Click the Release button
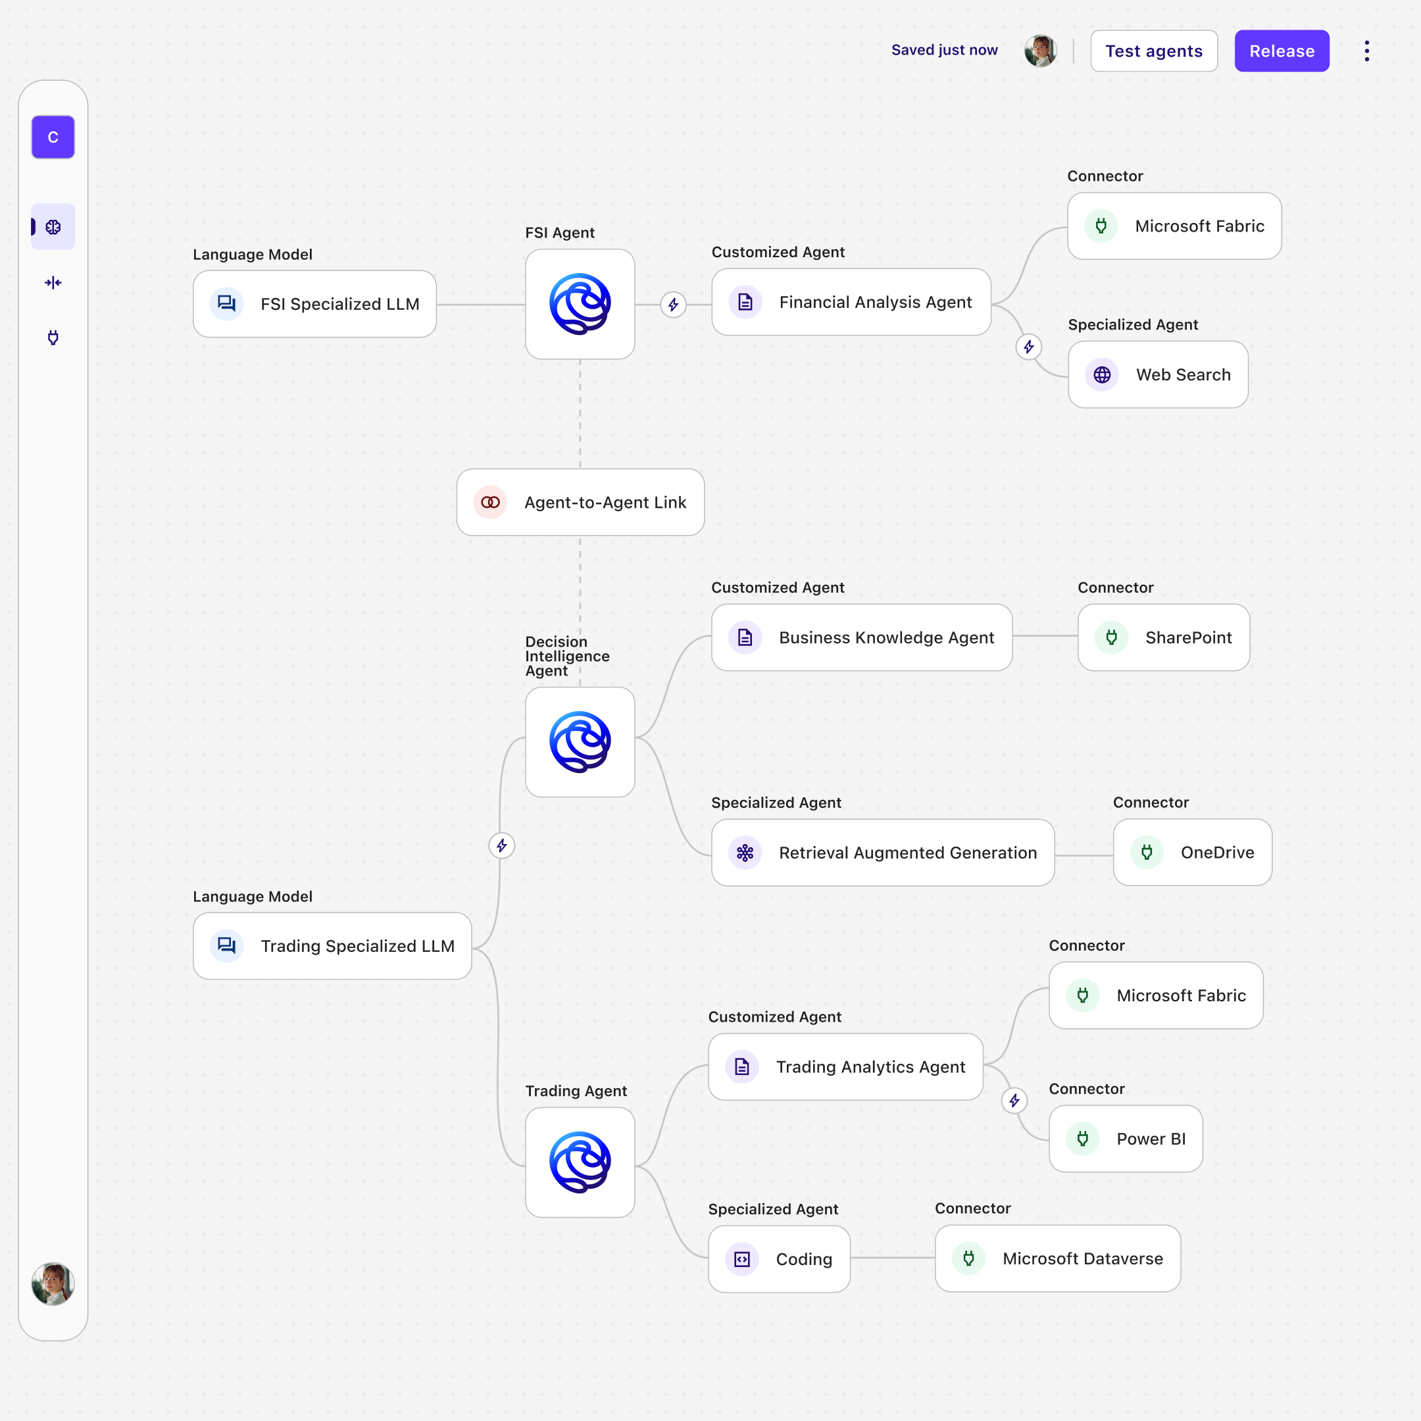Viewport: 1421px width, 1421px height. tap(1282, 51)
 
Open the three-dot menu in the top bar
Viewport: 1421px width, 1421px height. tap(1366, 51)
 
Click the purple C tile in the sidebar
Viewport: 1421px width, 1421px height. tap(53, 137)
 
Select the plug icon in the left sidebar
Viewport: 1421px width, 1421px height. tap(53, 337)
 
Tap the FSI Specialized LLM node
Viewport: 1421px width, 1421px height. tap(315, 304)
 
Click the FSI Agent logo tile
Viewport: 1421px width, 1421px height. tap(580, 304)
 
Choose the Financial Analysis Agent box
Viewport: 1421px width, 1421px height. tap(851, 303)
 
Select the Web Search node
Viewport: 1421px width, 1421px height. tap(1158, 374)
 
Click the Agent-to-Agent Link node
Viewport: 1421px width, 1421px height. tap(580, 503)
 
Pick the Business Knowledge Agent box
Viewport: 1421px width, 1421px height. tap(861, 637)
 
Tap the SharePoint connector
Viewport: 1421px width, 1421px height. tap(1164, 637)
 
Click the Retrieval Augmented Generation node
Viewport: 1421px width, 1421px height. tap(883, 853)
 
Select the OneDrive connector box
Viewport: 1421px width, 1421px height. tap(1192, 853)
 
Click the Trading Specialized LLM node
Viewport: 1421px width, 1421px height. tap(332, 946)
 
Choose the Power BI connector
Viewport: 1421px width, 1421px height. tap(1126, 1139)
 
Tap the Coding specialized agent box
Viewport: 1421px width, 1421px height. tap(779, 1259)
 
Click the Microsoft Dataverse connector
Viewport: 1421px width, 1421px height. tap(1058, 1259)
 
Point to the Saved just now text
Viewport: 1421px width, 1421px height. tap(945, 50)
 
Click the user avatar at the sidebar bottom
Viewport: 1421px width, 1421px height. tap(53, 1284)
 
